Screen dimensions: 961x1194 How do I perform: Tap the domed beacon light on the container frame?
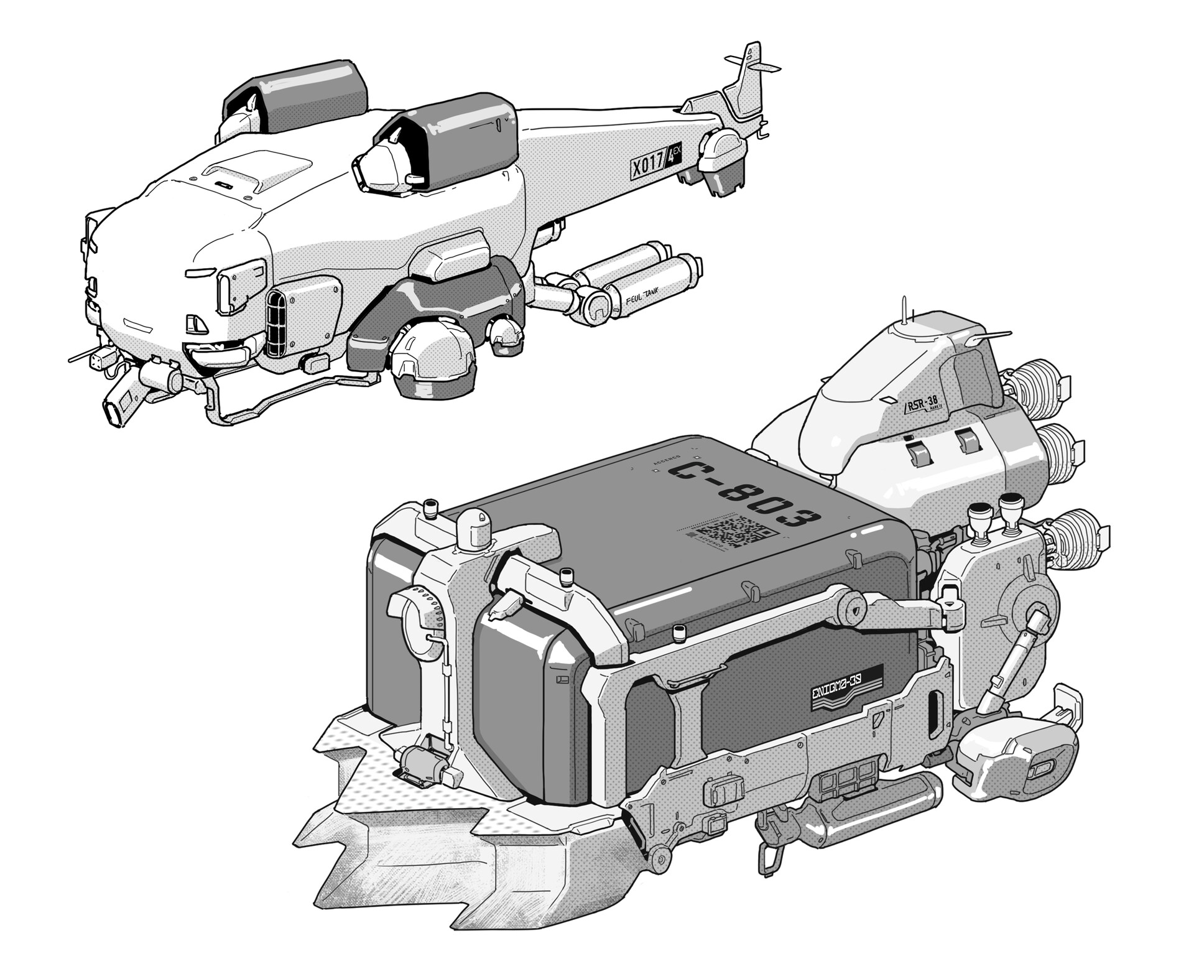point(474,527)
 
